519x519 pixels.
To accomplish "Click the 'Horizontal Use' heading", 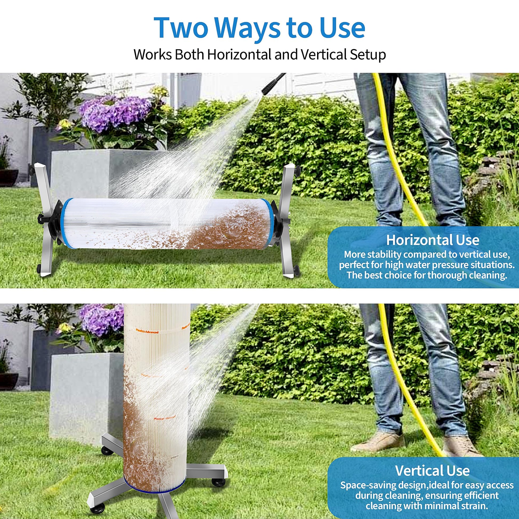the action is pos(433,240).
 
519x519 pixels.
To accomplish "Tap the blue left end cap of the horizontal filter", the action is pos(64,222).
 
